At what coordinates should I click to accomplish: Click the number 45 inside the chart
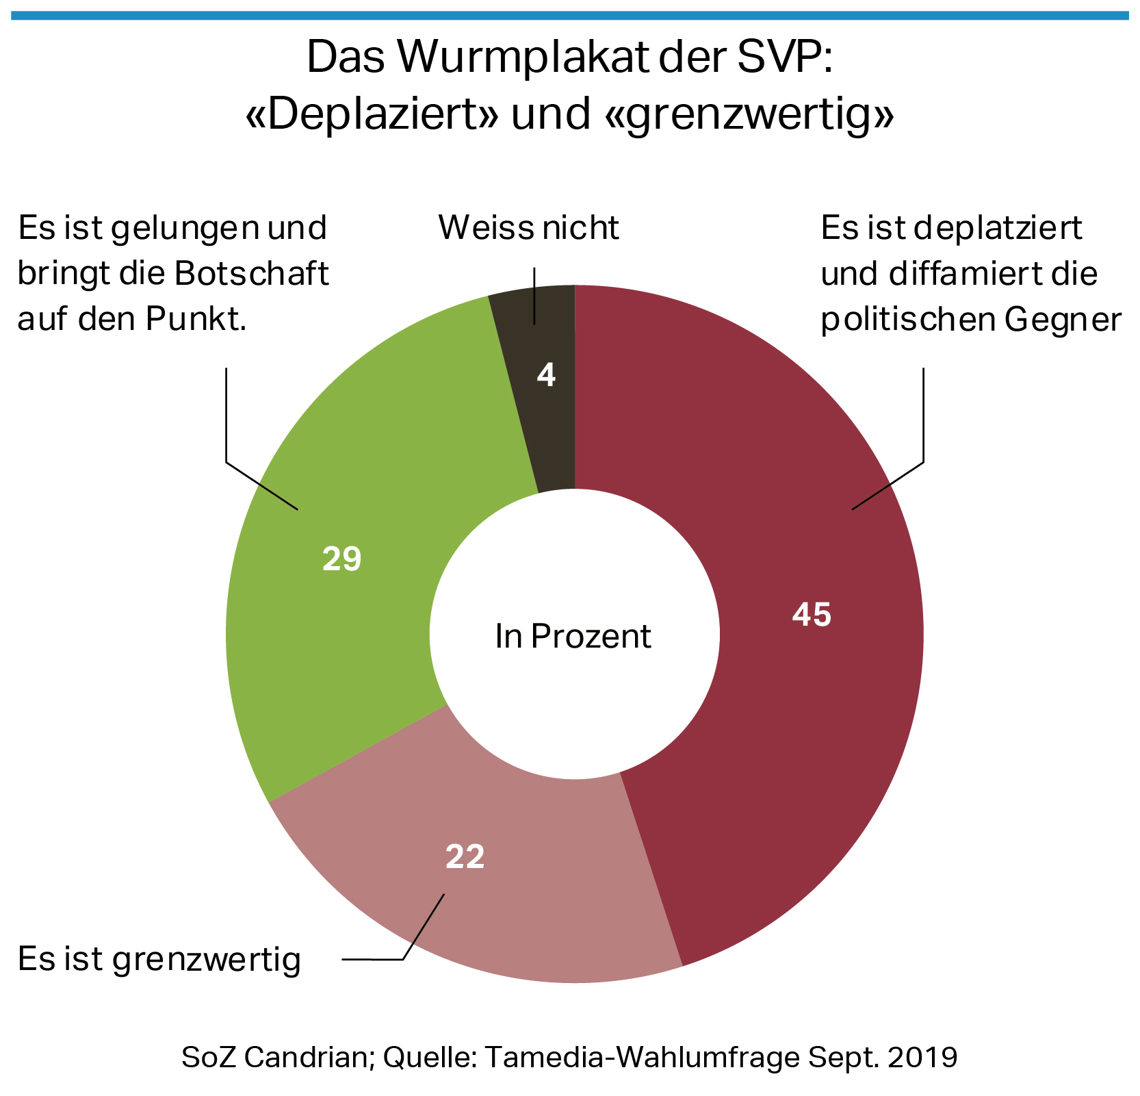point(812,615)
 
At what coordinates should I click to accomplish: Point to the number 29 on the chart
point(341,559)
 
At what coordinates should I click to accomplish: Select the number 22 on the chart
point(465,857)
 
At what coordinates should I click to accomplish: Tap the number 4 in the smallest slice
point(546,375)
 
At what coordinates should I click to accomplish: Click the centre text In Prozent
point(573,637)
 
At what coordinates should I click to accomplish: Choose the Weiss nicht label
point(528,228)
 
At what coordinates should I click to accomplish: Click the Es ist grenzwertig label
point(159,959)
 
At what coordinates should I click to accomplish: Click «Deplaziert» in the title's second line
point(372,114)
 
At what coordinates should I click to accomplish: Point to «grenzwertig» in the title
point(749,114)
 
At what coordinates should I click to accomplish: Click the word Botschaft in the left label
point(252,274)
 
